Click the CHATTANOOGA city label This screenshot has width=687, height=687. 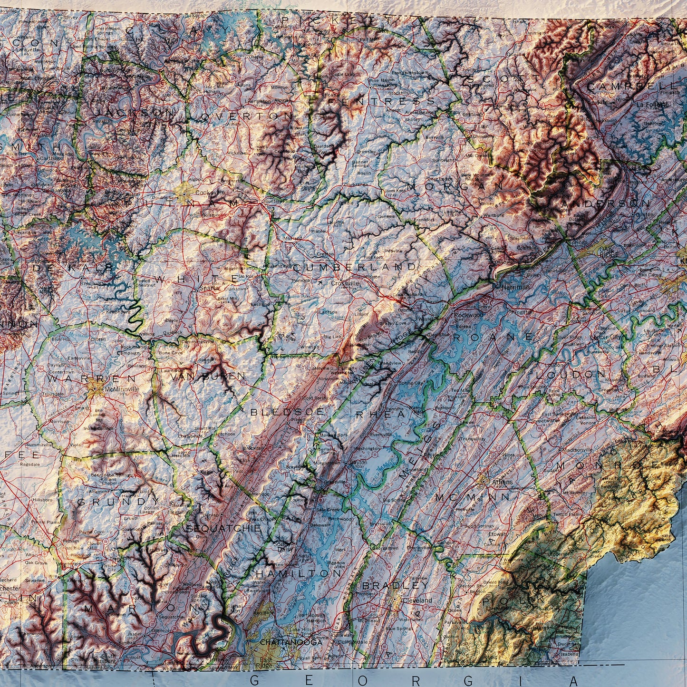pos(284,642)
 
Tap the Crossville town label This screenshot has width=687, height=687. pos(345,283)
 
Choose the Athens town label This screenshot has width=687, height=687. pos(502,482)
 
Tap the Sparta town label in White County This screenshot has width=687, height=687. pos(205,288)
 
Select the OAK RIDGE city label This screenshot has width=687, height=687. pos(609,252)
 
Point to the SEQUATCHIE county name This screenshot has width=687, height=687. pos(223,528)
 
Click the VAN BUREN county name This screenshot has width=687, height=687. pos(208,377)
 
